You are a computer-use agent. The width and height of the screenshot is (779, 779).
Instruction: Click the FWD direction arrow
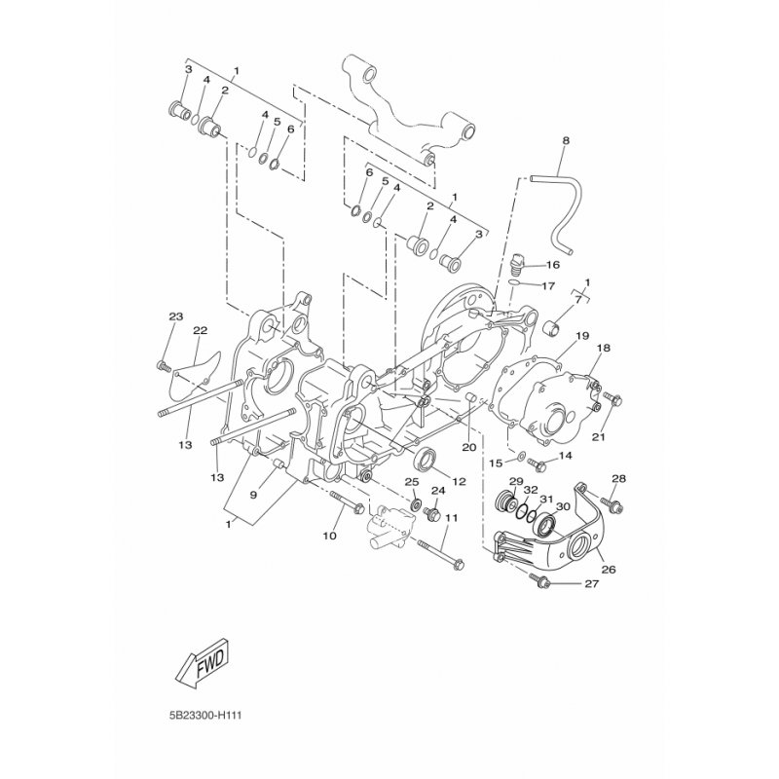coord(202,669)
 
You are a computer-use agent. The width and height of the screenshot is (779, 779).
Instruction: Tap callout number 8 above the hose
coord(566,141)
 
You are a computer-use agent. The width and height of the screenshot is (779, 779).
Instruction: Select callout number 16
coord(552,265)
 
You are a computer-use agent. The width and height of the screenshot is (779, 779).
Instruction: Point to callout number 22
coord(200,330)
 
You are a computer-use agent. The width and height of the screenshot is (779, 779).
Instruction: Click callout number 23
coord(175,316)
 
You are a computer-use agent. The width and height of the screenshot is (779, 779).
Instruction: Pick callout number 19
coord(581,337)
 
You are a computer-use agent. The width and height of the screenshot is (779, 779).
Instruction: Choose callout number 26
coord(610,569)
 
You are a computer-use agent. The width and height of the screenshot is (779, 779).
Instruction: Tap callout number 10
coord(329,537)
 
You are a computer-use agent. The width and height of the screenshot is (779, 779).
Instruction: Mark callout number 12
coord(459,482)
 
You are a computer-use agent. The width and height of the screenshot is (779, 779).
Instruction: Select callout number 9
coord(253,495)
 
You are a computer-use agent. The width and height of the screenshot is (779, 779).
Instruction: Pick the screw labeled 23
coord(163,366)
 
